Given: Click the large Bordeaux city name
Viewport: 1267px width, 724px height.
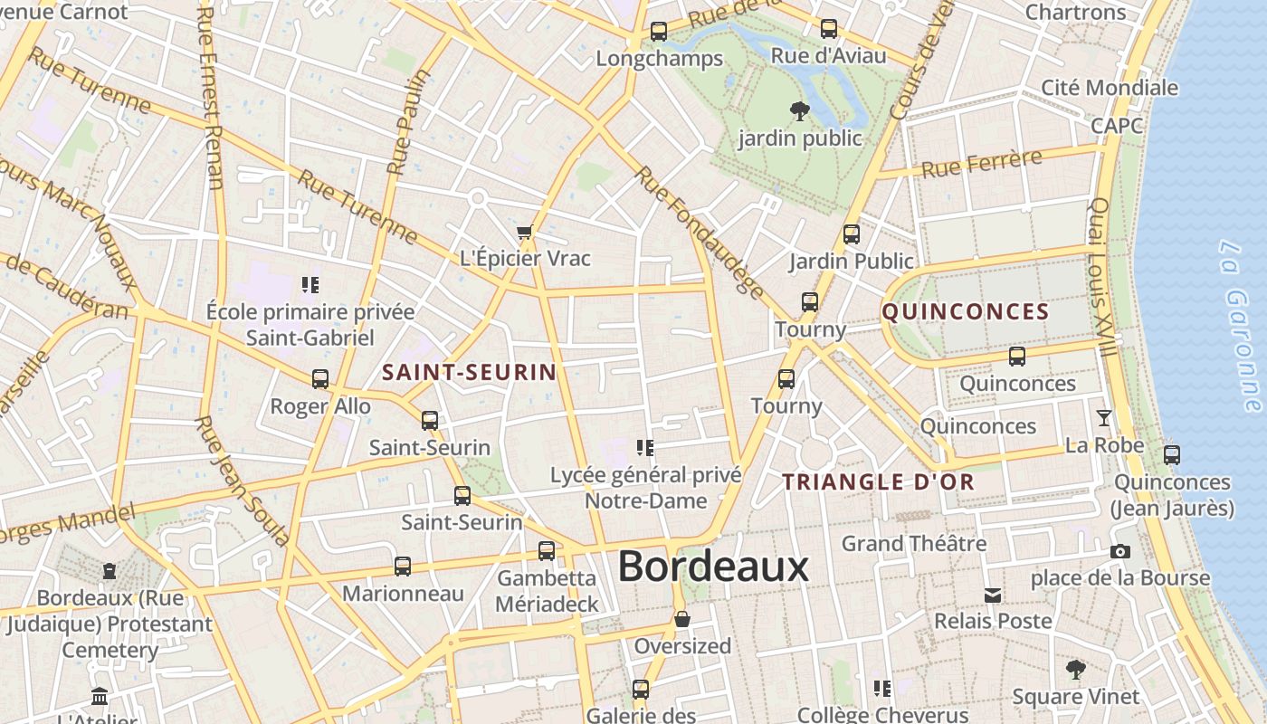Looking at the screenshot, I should [x=713, y=567].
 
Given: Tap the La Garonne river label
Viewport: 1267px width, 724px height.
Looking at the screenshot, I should [x=1239, y=325].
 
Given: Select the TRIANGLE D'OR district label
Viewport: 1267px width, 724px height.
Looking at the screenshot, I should [x=878, y=482].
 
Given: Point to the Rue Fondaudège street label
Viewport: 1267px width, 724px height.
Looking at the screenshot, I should [x=700, y=232].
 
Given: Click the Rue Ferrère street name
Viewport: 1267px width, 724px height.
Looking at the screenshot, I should [x=981, y=165].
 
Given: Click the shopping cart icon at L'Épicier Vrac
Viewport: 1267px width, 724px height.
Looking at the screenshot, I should [x=524, y=233].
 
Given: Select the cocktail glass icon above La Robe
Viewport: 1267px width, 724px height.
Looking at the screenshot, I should [x=1104, y=418].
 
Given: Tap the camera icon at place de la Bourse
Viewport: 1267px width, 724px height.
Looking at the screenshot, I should [x=1119, y=551].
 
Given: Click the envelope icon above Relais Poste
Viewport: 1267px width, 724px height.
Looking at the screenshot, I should [x=993, y=595].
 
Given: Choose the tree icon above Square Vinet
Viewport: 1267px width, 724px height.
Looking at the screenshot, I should [x=1075, y=670].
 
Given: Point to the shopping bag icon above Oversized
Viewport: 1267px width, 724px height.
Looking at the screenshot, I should [x=682, y=619].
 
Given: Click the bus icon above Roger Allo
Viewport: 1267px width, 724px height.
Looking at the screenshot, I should [x=320, y=379].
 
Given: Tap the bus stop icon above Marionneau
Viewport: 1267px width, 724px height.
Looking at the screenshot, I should [x=403, y=567].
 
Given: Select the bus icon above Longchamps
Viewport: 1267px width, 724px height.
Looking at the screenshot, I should [x=659, y=32].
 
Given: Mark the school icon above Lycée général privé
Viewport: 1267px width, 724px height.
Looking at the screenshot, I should [x=645, y=447].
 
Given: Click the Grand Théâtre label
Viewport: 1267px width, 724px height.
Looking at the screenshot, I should [x=913, y=544].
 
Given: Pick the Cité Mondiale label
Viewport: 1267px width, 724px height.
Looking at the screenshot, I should [x=1110, y=88].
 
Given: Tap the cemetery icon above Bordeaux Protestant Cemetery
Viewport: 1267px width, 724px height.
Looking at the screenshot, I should [x=110, y=571].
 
